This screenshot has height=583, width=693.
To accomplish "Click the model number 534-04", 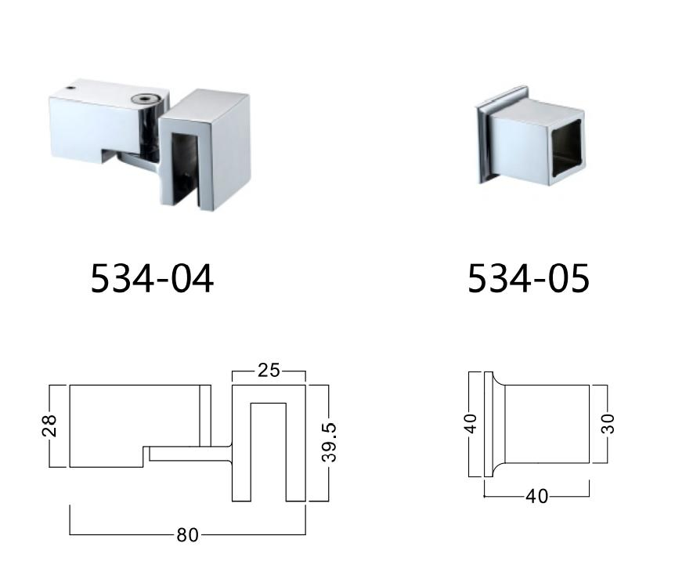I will click(152, 278).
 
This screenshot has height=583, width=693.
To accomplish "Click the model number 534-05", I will click(528, 278).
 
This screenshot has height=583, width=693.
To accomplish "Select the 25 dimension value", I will click(269, 371).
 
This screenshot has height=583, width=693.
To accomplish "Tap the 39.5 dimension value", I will click(330, 443).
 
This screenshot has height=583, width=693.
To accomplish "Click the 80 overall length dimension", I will click(188, 535).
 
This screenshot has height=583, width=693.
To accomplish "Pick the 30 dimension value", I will click(608, 423).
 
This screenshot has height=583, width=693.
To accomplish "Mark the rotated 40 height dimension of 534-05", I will click(470, 424).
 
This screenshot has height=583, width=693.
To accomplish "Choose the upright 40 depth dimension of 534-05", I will click(537, 497).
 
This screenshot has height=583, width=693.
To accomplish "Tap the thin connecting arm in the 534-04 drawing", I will click(188, 453).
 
